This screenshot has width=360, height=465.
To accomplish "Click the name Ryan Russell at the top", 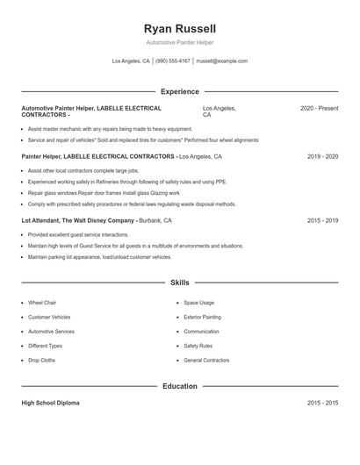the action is pyautogui.click(x=179, y=28).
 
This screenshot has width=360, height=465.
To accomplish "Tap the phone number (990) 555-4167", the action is pyautogui.click(x=172, y=61).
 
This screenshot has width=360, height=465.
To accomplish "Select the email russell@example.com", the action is pyautogui.click(x=221, y=61).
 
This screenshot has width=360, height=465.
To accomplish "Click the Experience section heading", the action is pyautogui.click(x=179, y=91).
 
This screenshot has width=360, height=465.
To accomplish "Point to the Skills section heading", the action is pyautogui.click(x=179, y=283).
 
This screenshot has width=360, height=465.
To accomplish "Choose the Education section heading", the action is pyautogui.click(x=179, y=386).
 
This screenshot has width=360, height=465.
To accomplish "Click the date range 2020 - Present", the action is pyautogui.click(x=319, y=108).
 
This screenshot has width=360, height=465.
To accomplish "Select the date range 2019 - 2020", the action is pyautogui.click(x=322, y=156).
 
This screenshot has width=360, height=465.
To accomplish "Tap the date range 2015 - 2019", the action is pyautogui.click(x=322, y=221).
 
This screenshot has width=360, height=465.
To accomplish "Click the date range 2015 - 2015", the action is pyautogui.click(x=322, y=403).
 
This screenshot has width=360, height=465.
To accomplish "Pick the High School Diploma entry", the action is pyautogui.click(x=50, y=403).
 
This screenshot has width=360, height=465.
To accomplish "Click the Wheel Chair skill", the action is pyautogui.click(x=42, y=303).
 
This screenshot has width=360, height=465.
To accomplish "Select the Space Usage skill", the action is pyautogui.click(x=199, y=303).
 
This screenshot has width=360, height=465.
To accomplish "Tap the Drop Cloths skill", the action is pyautogui.click(x=41, y=361).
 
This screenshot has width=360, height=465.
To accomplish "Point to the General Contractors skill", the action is pyautogui.click(x=206, y=361).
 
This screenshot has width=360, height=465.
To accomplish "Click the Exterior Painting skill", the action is pyautogui.click(x=202, y=317).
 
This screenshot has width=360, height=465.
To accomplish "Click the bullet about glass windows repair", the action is pyautogui.click(x=104, y=193).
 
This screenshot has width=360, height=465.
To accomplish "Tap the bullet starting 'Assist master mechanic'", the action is pyautogui.click(x=110, y=129).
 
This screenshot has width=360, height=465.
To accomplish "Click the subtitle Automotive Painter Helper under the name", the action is pyautogui.click(x=179, y=42).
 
